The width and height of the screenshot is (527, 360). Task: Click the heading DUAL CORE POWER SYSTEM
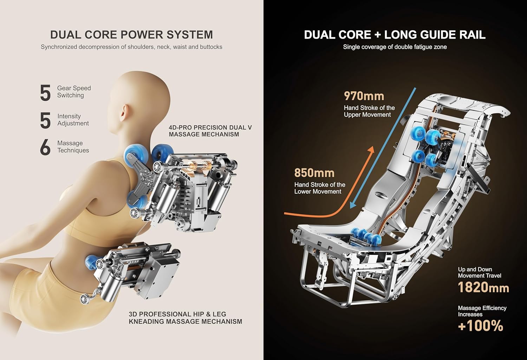[x=131, y=35]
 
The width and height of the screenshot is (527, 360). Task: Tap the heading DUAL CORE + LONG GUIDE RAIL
[x=395, y=35]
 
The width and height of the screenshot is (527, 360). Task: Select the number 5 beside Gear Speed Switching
[x=45, y=93]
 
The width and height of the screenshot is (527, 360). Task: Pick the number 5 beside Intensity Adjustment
[x=45, y=120]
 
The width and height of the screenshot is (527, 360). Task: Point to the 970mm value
[x=364, y=96]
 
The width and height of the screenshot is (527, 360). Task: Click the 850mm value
[x=314, y=173]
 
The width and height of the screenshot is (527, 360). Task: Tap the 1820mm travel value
[x=483, y=288]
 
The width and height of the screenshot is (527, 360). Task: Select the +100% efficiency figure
[x=481, y=326]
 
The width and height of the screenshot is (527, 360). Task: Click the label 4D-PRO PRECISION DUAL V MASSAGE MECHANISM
[x=210, y=131]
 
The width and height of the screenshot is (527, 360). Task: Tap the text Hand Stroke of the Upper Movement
[x=369, y=111]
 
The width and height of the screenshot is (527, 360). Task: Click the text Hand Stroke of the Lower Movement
[x=319, y=188]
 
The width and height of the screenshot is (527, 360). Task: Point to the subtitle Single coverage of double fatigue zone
[x=395, y=47]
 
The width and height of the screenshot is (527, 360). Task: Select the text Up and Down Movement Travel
[x=479, y=273]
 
